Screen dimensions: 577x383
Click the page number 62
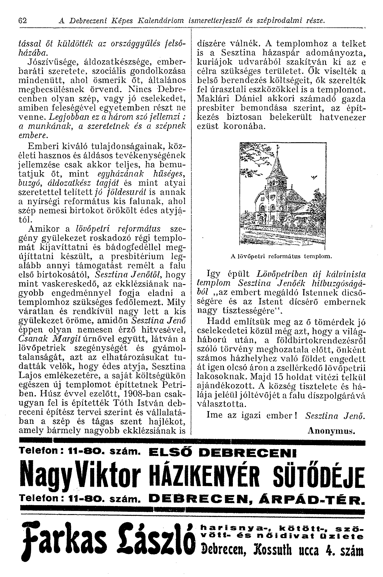click(x=22, y=21)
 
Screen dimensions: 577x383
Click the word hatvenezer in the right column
click(x=343, y=117)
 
